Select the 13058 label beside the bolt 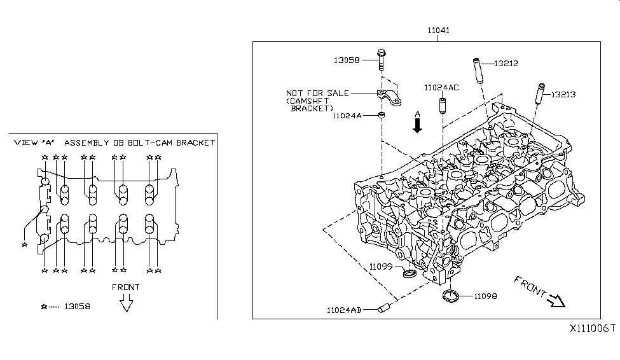click(347, 60)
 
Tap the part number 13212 click(506, 64)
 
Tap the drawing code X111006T click(592, 328)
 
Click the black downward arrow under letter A click(417, 126)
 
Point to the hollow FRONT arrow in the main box click(556, 299)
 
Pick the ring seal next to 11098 click(451, 296)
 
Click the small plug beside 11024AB click(383, 310)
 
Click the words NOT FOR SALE click(317, 93)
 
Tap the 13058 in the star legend click(78, 306)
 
